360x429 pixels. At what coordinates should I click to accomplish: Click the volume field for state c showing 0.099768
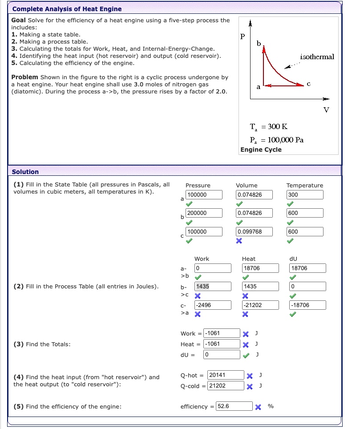point(254,231)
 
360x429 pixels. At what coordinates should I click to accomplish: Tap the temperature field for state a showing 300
point(305,194)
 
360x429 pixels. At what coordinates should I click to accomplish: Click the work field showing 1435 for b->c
point(213,287)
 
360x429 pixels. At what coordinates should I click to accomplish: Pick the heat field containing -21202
point(260,305)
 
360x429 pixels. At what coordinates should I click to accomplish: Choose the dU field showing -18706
point(307,305)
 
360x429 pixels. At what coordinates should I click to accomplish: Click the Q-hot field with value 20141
point(226,375)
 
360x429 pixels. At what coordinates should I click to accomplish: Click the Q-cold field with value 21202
point(226,386)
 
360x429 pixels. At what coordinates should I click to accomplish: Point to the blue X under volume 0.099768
point(239,241)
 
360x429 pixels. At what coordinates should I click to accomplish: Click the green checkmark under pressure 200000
point(189,222)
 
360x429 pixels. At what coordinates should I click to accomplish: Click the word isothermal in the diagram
point(317,57)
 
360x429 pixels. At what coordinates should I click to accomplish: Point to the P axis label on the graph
point(243,37)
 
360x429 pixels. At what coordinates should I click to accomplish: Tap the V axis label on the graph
point(326,110)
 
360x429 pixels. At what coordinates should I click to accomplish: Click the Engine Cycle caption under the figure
point(261,150)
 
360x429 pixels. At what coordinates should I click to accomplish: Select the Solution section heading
point(25,172)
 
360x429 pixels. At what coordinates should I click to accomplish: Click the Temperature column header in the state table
point(305,185)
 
